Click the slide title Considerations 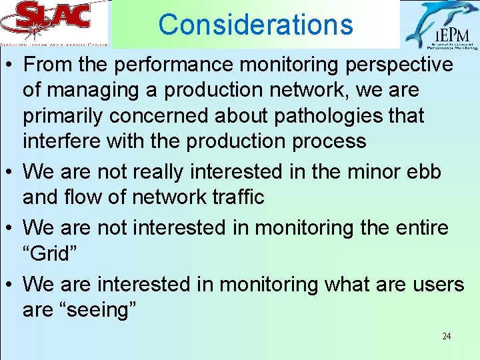[255, 25]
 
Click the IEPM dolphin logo [441, 25]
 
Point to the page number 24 [446, 336]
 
